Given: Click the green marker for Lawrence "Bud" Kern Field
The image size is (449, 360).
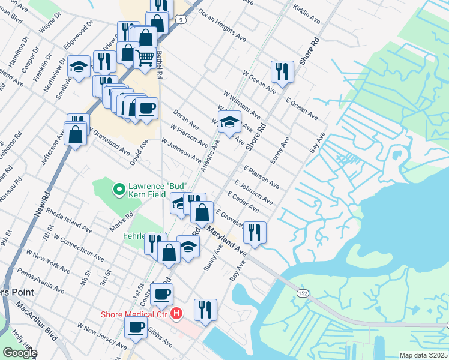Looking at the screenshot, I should pyautogui.click(x=119, y=191).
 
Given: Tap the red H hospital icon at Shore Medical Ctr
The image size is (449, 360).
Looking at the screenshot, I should pyautogui.click(x=176, y=313).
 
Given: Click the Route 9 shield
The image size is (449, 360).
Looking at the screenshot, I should pyautogui.click(x=181, y=20).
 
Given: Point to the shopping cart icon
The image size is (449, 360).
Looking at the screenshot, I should pyautogui.click(x=145, y=58).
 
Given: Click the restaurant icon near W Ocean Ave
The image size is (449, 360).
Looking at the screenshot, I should pyautogui.click(x=282, y=71).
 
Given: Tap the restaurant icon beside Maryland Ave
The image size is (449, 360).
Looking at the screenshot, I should pyautogui.click(x=255, y=232).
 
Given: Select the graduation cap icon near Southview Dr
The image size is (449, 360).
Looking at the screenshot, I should pyautogui.click(x=79, y=66).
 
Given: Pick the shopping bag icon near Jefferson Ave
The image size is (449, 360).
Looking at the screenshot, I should pyautogui.click(x=76, y=134).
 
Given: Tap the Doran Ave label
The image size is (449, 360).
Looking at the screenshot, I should pyautogui.click(x=185, y=119).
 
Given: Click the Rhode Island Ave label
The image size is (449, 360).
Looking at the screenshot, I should pyautogui.click(x=69, y=221).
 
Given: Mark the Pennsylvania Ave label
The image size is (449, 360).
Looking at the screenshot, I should pyautogui.click(x=41, y=281).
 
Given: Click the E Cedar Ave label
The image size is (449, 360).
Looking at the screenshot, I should pyautogui.click(x=243, y=202).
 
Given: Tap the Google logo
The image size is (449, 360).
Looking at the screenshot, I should pyautogui.click(x=20, y=353).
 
